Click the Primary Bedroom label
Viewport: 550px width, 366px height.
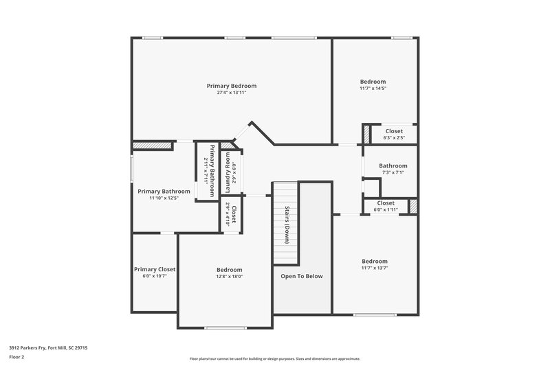coord(232,86)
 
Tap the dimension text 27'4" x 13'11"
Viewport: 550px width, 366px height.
coord(232,93)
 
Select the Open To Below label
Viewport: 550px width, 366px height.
coord(301,276)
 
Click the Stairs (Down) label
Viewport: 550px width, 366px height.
coord(286,225)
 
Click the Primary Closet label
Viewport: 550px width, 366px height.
coord(155,269)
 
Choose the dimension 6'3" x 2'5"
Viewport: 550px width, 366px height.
coord(394,138)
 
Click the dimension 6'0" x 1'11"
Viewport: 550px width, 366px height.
coord(386,209)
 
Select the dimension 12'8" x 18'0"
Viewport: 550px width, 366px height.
coord(229,276)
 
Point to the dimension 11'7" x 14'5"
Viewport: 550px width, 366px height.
coord(373,88)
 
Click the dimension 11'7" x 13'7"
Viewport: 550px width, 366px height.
coord(375,268)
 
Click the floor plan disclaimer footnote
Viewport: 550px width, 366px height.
coord(275,358)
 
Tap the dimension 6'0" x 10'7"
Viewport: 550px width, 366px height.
coord(155,276)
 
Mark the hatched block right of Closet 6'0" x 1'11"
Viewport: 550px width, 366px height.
coord(413,206)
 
